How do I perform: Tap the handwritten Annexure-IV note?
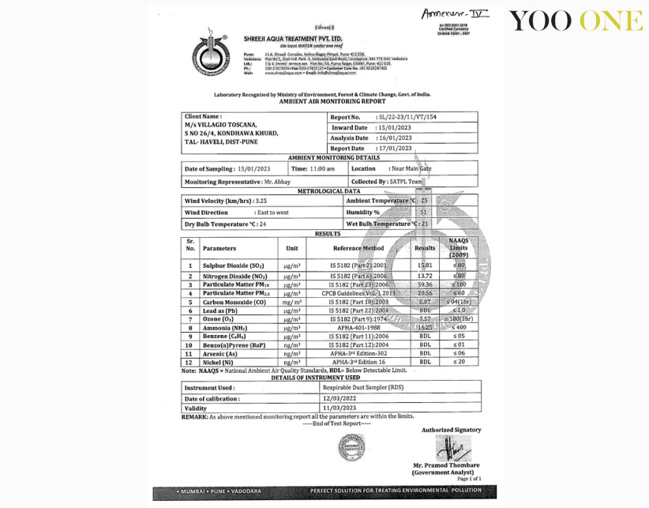tap(445, 14)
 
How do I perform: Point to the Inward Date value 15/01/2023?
tap(395, 127)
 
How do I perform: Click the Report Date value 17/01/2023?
tap(395, 148)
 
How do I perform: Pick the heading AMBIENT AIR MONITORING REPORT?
tap(332, 101)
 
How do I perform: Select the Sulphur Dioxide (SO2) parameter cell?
tap(233, 266)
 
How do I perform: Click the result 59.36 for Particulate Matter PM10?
tap(425, 284)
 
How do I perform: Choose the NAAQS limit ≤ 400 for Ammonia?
tap(459, 327)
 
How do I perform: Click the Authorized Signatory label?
tap(451, 430)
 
